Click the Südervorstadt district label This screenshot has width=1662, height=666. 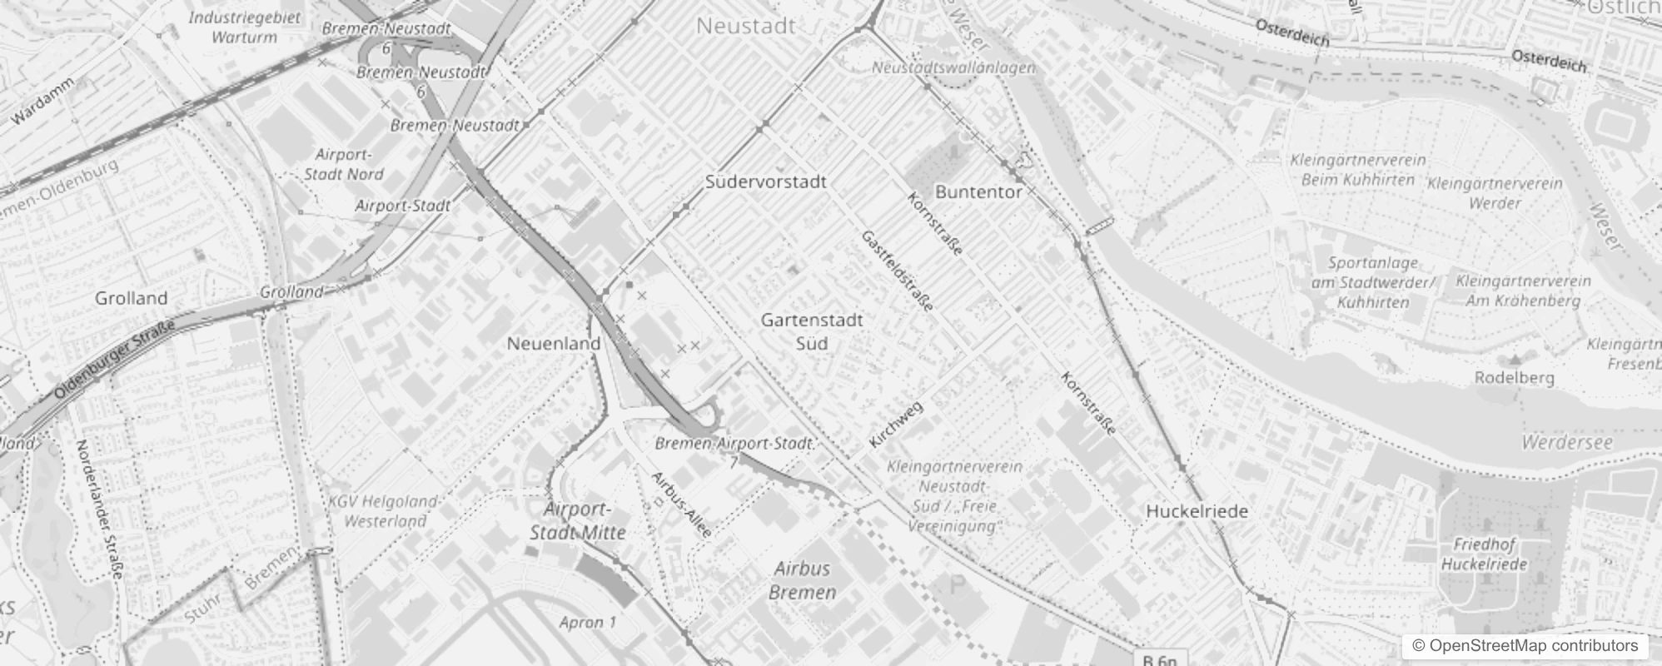(765, 181)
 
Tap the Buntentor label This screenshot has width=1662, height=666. (978, 191)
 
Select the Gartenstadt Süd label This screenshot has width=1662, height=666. (812, 331)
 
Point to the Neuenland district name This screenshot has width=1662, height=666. (554, 343)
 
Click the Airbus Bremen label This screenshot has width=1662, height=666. (803, 580)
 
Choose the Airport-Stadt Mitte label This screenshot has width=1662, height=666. (578, 520)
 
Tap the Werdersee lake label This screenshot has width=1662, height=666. (1567, 442)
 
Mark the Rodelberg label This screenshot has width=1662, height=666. (1514, 377)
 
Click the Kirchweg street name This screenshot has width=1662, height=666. (896, 425)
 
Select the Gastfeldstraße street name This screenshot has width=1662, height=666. (897, 271)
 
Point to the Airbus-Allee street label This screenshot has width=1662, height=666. (681, 504)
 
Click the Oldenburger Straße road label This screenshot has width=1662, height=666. (116, 359)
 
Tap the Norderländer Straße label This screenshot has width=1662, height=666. (100, 509)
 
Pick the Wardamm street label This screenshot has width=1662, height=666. (43, 101)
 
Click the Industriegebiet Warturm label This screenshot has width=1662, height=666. (244, 27)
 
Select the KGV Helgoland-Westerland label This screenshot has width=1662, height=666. (385, 511)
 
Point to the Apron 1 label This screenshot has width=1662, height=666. (588, 622)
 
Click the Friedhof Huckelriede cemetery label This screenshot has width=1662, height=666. (1484, 554)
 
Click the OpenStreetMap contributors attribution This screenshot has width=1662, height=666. (1525, 646)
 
